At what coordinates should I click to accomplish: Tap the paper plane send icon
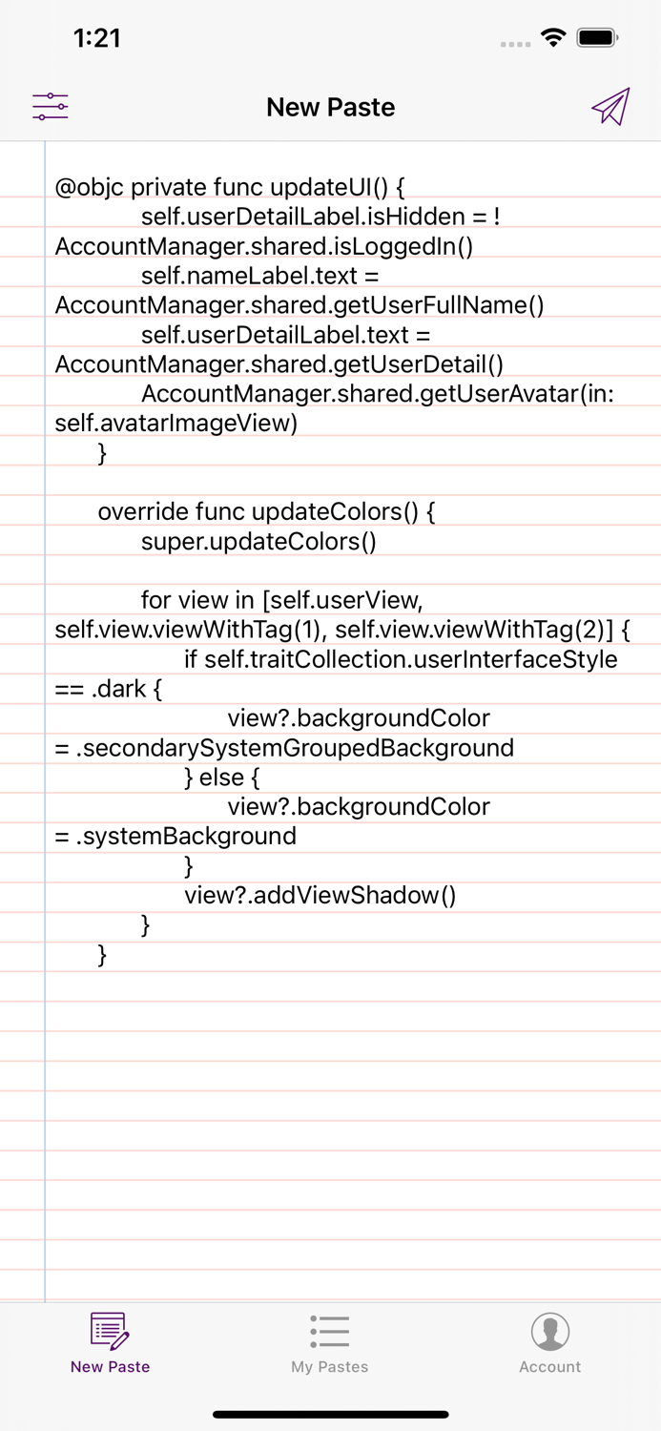(x=610, y=106)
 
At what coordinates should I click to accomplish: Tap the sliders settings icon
(x=51, y=106)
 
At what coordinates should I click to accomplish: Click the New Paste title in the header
(x=330, y=107)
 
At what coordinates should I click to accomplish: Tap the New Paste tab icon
(x=110, y=1332)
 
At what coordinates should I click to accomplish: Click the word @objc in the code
(x=89, y=187)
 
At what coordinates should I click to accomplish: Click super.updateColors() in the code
(x=258, y=542)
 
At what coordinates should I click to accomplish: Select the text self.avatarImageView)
(x=176, y=423)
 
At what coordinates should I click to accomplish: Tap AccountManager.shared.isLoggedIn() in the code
(x=264, y=246)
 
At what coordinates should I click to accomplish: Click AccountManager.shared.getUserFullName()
(x=300, y=305)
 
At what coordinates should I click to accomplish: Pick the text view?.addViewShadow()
(x=320, y=895)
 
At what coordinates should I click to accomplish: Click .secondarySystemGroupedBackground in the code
(x=295, y=748)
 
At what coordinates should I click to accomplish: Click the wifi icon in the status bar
(x=553, y=38)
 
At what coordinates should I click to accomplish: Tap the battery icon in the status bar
(x=598, y=38)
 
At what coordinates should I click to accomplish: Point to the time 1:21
(x=97, y=38)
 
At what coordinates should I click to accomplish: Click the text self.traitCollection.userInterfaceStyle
(x=411, y=659)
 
